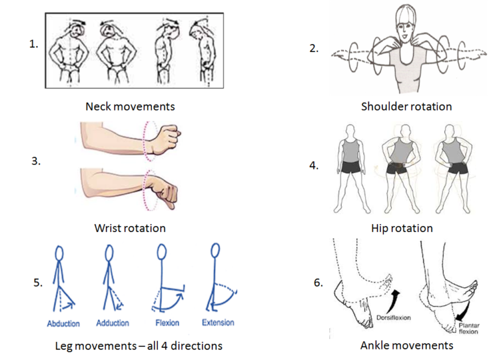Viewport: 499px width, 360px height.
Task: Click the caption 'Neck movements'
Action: click(x=131, y=106)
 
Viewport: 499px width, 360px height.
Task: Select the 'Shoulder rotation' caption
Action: click(x=406, y=106)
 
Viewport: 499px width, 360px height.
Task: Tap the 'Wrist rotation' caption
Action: click(x=130, y=228)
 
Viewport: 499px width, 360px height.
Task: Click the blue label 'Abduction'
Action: click(x=63, y=323)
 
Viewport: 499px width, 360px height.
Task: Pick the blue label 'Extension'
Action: click(x=218, y=322)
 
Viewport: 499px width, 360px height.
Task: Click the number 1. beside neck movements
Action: click(x=33, y=45)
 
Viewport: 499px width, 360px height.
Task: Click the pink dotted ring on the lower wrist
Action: click(x=150, y=188)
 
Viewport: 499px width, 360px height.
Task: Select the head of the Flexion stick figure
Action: click(x=162, y=251)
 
